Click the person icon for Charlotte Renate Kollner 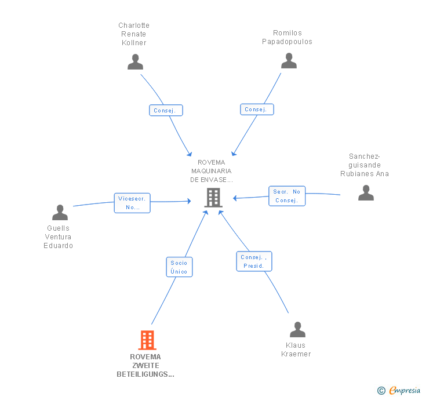point(135,62)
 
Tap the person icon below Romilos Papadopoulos point(289,60)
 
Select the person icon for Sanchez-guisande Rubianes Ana point(366,193)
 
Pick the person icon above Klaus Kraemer point(297,329)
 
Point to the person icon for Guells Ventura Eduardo point(60,212)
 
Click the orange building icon point(147,340)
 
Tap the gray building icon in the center point(213,198)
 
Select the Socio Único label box point(179,267)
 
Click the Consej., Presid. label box point(254,261)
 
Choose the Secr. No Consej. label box point(287,196)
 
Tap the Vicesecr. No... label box point(132,203)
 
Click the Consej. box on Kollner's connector point(166,110)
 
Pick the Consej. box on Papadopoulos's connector point(257,110)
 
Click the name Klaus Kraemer point(296,349)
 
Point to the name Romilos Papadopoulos point(287,37)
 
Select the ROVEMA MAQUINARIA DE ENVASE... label point(212,171)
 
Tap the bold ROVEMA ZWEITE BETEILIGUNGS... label point(145,366)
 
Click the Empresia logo point(399,390)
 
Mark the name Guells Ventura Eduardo point(58,237)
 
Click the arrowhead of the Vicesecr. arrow point(189,201)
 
